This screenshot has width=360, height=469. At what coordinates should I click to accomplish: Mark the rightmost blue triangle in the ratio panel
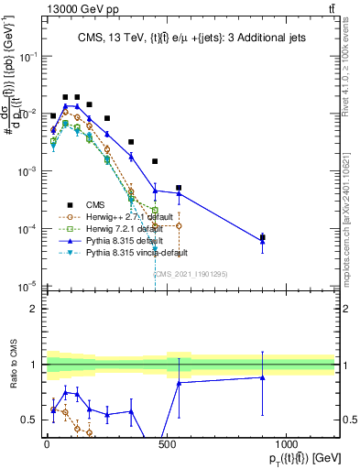262,377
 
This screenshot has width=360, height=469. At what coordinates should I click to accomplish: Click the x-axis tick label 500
167,445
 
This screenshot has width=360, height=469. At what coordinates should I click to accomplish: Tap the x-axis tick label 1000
286,445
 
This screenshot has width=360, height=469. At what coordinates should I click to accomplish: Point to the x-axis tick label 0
47,445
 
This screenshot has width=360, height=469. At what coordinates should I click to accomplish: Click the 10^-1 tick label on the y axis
28,56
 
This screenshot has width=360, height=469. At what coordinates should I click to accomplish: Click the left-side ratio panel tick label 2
34,309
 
